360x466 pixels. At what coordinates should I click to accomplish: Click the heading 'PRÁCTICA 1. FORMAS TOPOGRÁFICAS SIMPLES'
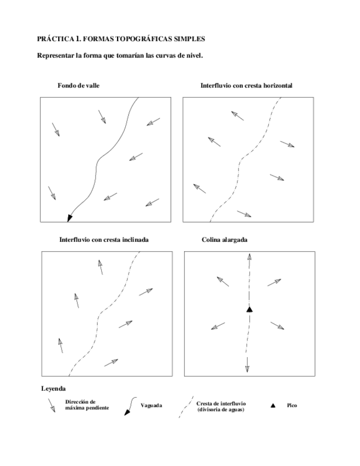click(x=121, y=39)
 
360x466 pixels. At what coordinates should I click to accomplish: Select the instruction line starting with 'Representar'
click(x=120, y=56)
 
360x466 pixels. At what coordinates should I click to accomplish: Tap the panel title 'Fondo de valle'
click(x=78, y=86)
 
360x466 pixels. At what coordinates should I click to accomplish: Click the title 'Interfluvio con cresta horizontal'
click(x=246, y=86)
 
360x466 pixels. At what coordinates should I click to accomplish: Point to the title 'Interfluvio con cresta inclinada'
click(x=104, y=240)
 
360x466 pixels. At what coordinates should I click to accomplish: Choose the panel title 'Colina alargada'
click(x=224, y=240)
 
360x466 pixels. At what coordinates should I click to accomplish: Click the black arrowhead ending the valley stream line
click(x=69, y=218)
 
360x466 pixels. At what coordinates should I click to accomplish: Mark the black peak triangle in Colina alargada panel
click(x=249, y=310)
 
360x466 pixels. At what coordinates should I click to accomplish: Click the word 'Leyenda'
click(x=53, y=389)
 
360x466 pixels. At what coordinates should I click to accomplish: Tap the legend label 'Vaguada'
click(x=151, y=406)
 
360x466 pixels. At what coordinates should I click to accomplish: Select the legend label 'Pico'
click(x=292, y=406)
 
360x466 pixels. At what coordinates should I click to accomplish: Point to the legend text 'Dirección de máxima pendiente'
click(x=86, y=405)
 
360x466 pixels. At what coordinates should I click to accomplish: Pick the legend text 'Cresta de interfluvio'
click(x=221, y=403)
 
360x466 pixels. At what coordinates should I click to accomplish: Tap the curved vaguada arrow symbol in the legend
click(x=129, y=407)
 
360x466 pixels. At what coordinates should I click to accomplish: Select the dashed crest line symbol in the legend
click(x=186, y=407)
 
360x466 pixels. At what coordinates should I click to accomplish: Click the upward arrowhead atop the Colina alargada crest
click(x=249, y=256)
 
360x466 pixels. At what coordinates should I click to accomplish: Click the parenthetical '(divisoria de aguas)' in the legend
click(x=221, y=410)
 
